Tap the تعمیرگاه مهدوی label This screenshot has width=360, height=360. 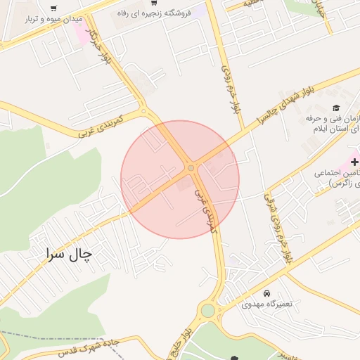(266, 304)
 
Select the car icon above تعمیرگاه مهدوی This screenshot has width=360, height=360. (266, 292)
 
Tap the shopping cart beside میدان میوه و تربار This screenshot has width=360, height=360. (54, 8)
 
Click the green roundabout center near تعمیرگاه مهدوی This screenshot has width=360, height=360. (207, 310)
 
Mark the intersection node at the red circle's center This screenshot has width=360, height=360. (191, 168)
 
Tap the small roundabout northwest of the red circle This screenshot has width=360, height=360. (143, 110)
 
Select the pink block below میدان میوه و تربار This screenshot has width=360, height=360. (82, 35)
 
